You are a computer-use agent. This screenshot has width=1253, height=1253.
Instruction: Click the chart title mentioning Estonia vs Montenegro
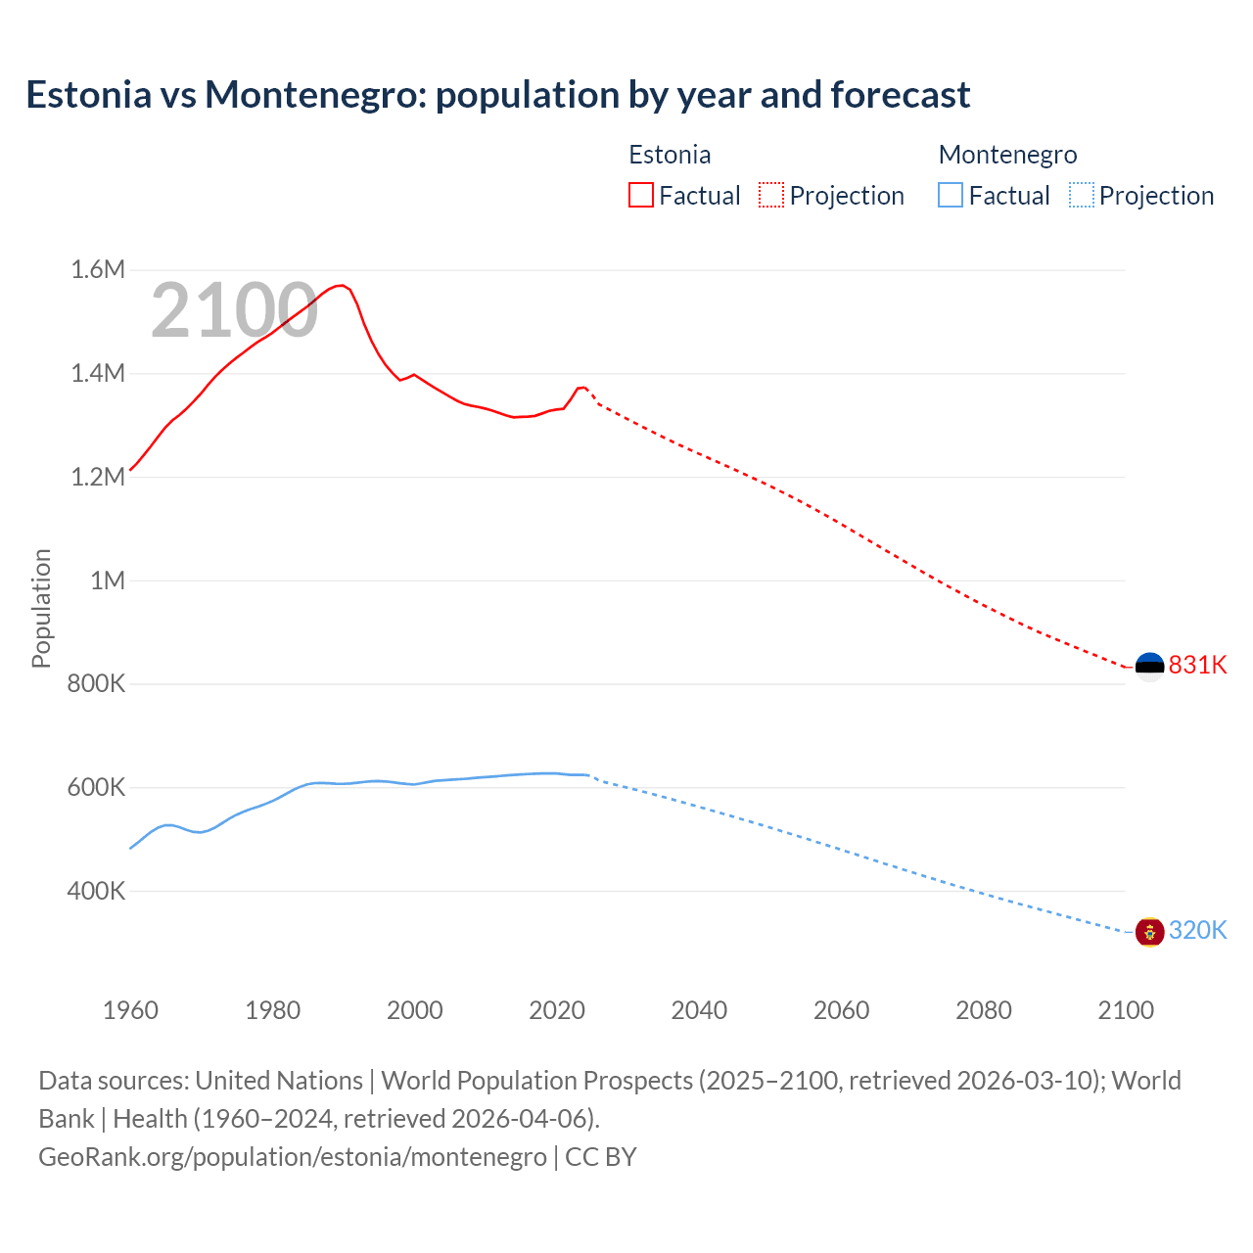click(x=497, y=95)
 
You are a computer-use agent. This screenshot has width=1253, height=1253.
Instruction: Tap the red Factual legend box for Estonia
click(x=640, y=195)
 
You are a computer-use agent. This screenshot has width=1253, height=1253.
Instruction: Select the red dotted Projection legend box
click(x=771, y=195)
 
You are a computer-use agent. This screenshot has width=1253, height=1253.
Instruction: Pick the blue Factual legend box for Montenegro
click(x=950, y=195)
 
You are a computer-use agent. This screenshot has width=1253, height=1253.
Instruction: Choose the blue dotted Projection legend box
click(x=1082, y=195)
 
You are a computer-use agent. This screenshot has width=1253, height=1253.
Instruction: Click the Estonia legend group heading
click(x=670, y=155)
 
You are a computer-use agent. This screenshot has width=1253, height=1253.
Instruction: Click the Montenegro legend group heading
click(x=1007, y=155)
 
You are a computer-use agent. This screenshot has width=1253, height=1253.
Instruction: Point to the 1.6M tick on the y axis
click(x=98, y=269)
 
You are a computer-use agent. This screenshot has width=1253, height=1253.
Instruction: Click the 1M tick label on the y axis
click(x=108, y=580)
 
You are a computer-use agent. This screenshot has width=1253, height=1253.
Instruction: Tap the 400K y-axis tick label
click(x=96, y=891)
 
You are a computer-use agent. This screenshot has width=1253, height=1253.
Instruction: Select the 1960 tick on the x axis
click(x=130, y=1010)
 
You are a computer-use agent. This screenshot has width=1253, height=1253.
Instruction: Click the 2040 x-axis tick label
click(x=699, y=1010)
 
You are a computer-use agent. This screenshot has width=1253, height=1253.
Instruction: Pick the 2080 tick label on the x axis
click(x=983, y=1010)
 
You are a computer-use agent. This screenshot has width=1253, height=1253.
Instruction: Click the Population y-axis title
click(x=41, y=608)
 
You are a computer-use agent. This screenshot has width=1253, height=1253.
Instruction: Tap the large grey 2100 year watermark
click(x=234, y=310)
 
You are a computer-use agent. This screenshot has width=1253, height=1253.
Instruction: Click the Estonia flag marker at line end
click(x=1149, y=667)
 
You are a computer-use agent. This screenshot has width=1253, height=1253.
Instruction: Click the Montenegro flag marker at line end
click(x=1149, y=931)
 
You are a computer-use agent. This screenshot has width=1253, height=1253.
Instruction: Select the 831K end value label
click(x=1197, y=665)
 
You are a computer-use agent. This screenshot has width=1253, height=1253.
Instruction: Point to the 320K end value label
click(x=1197, y=930)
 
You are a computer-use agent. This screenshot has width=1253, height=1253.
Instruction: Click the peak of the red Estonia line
click(x=341, y=285)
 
